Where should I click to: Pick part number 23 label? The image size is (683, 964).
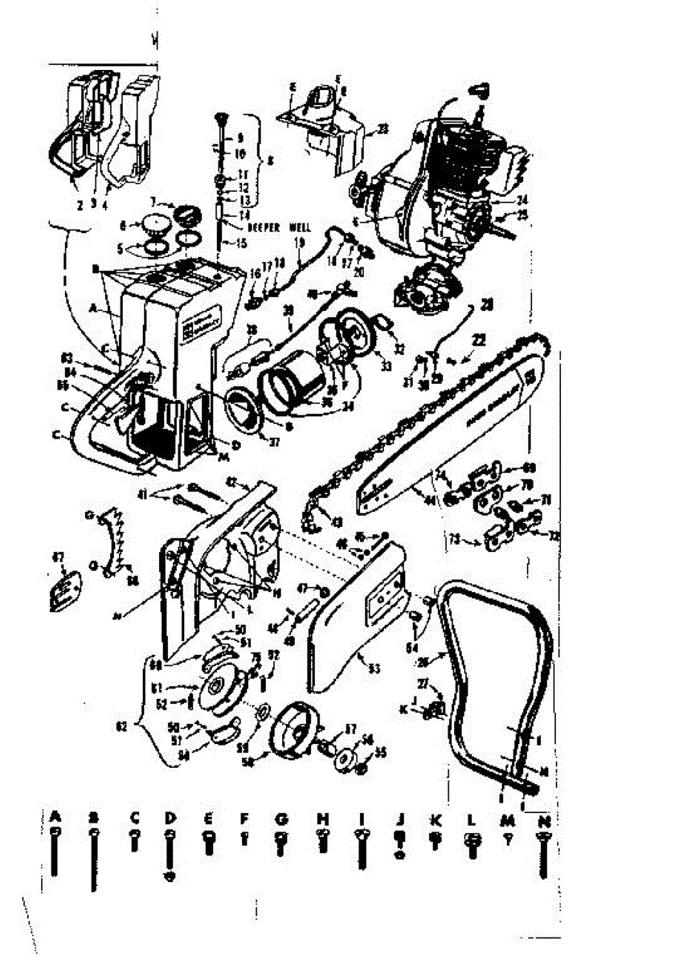382,128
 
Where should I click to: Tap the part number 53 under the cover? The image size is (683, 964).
373,666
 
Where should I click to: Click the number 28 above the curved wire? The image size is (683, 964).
487,304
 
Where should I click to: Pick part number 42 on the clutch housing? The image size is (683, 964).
233,483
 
